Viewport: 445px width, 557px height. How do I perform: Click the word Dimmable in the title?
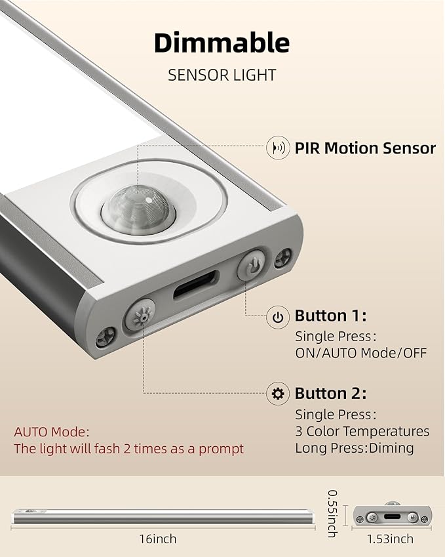[x=222, y=43]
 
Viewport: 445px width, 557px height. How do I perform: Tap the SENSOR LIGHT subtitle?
[x=222, y=75]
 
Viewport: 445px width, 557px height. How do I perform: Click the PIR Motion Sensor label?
[x=365, y=148]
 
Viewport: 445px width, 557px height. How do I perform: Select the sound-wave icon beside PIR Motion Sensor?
[x=278, y=148]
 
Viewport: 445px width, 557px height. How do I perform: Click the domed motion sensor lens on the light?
[x=138, y=209]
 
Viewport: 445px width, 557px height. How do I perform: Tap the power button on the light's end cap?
[x=252, y=264]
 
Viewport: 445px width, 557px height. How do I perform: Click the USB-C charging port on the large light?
[x=195, y=284]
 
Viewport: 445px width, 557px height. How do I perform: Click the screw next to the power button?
[x=283, y=258]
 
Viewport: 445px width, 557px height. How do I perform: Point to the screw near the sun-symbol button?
[x=106, y=336]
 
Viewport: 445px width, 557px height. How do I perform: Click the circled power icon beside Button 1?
[x=278, y=316]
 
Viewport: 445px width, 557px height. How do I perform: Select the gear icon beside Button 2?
[x=278, y=394]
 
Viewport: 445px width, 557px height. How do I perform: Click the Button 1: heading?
[x=330, y=316]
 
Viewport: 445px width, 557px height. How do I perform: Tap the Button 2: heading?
[x=330, y=393]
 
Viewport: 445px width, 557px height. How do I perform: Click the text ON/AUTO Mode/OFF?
[x=361, y=353]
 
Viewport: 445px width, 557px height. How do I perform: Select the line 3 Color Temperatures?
[x=362, y=431]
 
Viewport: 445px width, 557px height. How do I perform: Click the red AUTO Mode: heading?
[x=52, y=432]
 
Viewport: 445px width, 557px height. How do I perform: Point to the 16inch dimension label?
[x=157, y=539]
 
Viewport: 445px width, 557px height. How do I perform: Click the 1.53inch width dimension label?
[x=390, y=539]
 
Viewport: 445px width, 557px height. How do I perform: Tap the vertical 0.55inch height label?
[x=332, y=513]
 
